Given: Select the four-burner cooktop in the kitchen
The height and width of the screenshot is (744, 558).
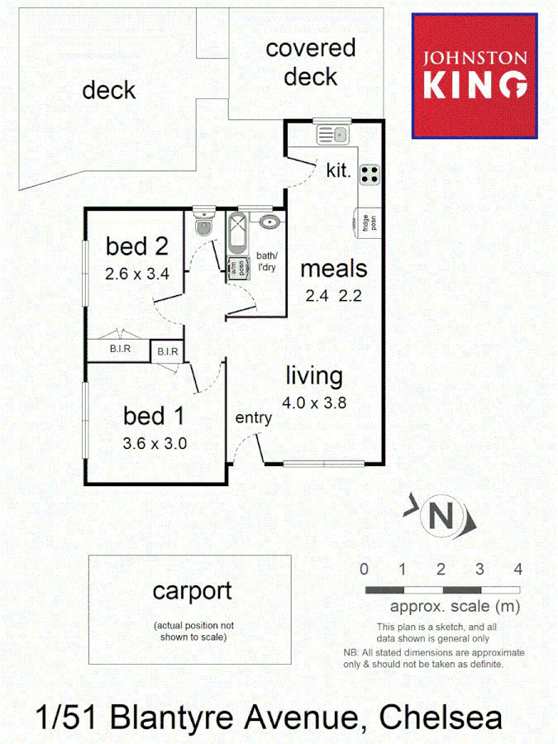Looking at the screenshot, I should (x=370, y=174).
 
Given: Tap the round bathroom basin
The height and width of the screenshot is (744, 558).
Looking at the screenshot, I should (x=269, y=222).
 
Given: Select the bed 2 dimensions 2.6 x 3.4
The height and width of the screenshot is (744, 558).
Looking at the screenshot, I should (x=137, y=274).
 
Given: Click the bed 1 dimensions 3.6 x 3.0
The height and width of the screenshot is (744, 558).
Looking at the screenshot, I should (x=155, y=442).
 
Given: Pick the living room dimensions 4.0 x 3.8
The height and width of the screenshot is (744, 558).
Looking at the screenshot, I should (x=314, y=404).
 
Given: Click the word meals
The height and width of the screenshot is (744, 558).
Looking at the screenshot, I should (x=333, y=269).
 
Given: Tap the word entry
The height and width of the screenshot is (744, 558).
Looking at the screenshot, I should (x=253, y=418).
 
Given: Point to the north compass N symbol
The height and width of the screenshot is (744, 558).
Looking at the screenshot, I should (x=442, y=516).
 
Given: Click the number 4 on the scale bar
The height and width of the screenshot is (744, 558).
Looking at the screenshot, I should (x=518, y=569).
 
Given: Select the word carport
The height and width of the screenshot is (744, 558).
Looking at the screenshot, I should (x=192, y=591).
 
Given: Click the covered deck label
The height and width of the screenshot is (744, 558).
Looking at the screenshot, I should (x=311, y=62).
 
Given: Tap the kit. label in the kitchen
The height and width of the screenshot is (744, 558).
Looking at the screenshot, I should (x=339, y=172).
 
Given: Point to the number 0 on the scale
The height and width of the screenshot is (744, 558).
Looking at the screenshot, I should (x=364, y=569).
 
